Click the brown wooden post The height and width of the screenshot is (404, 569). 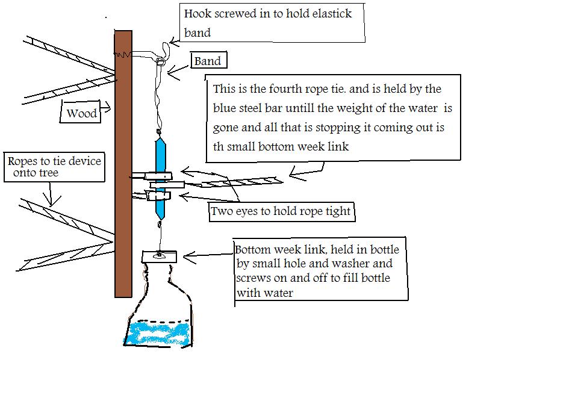coord(123,163)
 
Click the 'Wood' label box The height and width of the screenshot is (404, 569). coord(81,111)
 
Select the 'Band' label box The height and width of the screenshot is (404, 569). coord(209,60)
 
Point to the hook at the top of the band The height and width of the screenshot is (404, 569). coord(166,52)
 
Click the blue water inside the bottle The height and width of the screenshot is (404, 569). coord(158,333)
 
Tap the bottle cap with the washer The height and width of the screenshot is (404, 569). coord(160,256)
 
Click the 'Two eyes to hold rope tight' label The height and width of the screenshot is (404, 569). coord(281,211)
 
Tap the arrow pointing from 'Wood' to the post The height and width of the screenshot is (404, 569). coord(105,107)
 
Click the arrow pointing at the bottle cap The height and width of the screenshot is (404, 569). coord(208,255)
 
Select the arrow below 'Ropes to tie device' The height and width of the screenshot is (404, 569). coord(51,194)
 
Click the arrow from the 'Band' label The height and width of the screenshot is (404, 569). coord(179,72)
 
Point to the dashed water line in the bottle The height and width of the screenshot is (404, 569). coord(159,321)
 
